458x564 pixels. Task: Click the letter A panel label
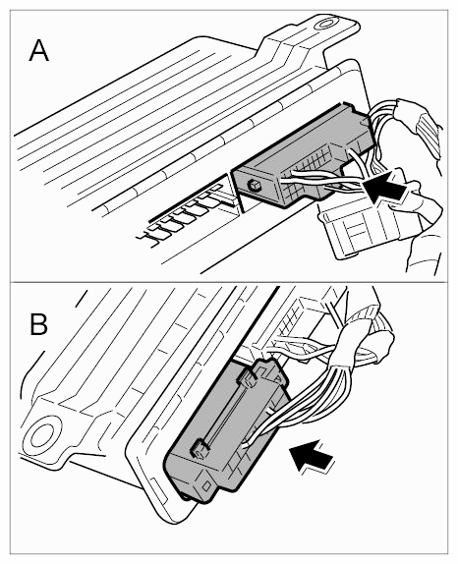click(x=38, y=51)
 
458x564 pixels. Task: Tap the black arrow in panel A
click(x=385, y=186)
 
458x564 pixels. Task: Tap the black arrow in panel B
click(x=312, y=456)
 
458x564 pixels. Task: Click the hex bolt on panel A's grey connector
click(x=253, y=186)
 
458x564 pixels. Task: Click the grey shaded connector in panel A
click(x=302, y=158)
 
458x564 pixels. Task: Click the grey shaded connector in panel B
click(x=227, y=431)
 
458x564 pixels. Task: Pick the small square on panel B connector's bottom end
click(x=206, y=486)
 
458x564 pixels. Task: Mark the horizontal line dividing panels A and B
click(x=229, y=282)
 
